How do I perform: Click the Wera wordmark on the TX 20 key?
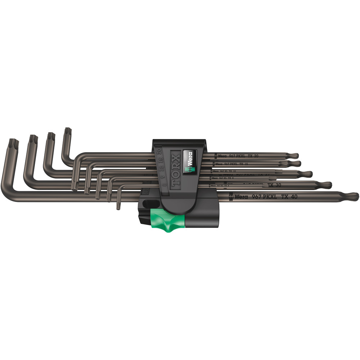pos(223,156)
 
